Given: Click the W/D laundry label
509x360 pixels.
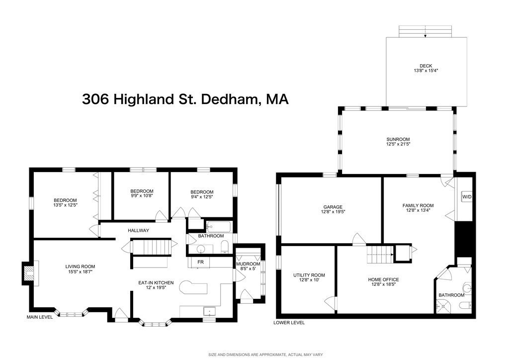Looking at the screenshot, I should [467, 197].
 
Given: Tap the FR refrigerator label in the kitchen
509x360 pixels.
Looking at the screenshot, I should [200, 262].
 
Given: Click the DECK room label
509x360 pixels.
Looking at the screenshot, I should [425, 66].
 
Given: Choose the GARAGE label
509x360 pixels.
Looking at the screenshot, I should [333, 207].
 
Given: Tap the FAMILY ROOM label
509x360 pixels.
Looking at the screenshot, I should [418, 205].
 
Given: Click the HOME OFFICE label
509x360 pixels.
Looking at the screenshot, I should [383, 279].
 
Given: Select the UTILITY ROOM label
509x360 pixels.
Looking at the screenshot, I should [309, 275].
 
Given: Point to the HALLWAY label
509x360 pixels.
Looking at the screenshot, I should [138, 230].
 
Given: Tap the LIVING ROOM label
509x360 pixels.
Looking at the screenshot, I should [80, 266].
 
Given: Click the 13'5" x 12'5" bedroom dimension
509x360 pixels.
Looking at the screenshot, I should [66, 205].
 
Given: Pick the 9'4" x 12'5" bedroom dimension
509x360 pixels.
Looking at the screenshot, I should [201, 197].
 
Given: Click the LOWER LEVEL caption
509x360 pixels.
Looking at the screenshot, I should [289, 322].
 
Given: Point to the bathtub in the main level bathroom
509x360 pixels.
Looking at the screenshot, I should [219, 227].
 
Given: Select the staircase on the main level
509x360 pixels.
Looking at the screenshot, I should [152, 247].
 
